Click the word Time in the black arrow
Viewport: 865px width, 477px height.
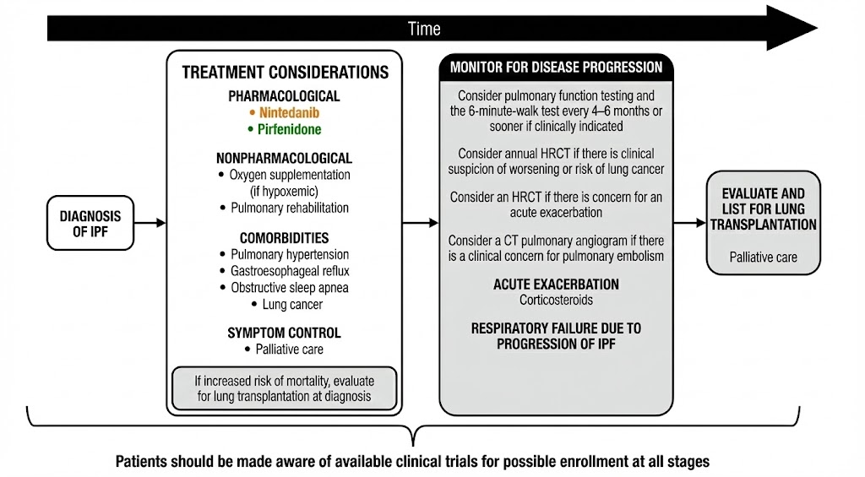424,29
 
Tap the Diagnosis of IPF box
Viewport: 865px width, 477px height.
90,223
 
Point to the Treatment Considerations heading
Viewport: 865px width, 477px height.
285,73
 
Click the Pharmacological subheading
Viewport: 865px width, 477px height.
284,96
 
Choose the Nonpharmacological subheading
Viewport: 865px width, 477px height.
284,158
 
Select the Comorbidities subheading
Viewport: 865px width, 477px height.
284,238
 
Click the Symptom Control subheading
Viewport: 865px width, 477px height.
284,333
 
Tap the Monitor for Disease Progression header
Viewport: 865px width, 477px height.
556,67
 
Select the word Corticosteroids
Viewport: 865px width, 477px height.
556,300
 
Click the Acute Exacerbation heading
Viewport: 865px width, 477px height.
556,285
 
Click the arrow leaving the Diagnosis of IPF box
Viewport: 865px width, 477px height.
149,224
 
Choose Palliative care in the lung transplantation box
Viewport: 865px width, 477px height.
764,257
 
